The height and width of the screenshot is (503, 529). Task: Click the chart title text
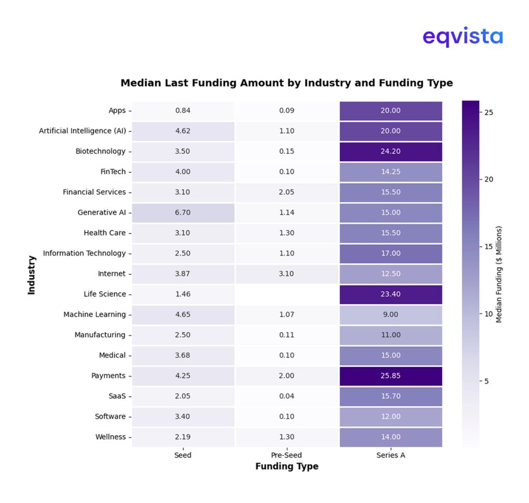286,83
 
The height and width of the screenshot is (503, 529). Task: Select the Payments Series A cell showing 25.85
391,376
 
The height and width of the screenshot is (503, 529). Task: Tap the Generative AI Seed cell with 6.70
183,212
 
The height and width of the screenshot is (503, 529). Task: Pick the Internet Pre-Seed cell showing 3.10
286,273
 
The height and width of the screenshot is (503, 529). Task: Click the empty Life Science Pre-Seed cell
286,294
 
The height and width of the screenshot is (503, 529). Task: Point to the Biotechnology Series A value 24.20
391,151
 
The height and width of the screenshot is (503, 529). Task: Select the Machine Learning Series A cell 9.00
391,314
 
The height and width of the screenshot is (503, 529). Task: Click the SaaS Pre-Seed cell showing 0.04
286,396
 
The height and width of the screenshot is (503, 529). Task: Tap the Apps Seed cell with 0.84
183,110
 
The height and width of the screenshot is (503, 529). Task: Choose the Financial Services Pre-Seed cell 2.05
286,192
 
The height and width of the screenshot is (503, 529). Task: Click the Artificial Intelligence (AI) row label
82,131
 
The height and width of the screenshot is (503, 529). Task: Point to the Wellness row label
110,437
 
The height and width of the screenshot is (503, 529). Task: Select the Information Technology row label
84,253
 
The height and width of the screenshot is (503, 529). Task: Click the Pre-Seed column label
286,455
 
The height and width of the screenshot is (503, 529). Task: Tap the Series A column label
391,455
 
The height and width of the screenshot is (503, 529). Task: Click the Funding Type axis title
287,467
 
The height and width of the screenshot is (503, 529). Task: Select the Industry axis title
32,275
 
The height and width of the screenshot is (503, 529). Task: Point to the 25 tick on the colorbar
488,112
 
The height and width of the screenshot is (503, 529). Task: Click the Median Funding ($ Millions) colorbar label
499,274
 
